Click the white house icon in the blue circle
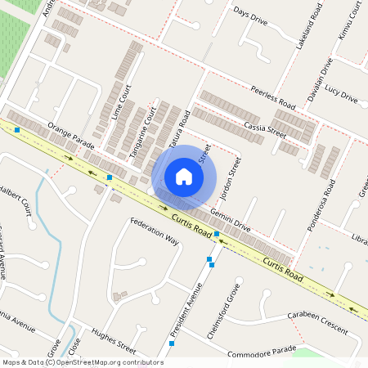point(184,177)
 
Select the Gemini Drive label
point(231,218)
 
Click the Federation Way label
point(154,231)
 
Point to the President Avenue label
point(186,309)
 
